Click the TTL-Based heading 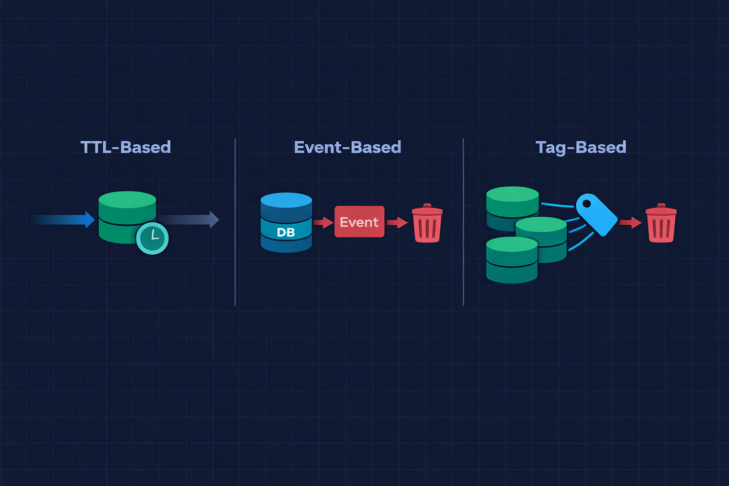click(x=126, y=147)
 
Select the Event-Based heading click(x=347, y=147)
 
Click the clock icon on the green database click(x=152, y=238)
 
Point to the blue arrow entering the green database click(x=62, y=219)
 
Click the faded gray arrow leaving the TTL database click(x=188, y=219)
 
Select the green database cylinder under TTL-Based click(x=127, y=217)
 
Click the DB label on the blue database click(x=286, y=232)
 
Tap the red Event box click(x=359, y=221)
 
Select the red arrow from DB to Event click(x=323, y=222)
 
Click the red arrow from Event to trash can click(x=397, y=222)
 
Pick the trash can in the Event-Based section click(x=427, y=223)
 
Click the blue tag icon click(x=596, y=215)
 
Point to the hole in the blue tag click(x=586, y=204)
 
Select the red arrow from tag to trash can click(x=630, y=222)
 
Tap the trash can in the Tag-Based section click(x=661, y=223)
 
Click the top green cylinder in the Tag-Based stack click(x=512, y=209)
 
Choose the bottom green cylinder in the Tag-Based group click(x=512, y=260)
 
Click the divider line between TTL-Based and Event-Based click(x=235, y=222)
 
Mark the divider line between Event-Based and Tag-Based click(x=463, y=222)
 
